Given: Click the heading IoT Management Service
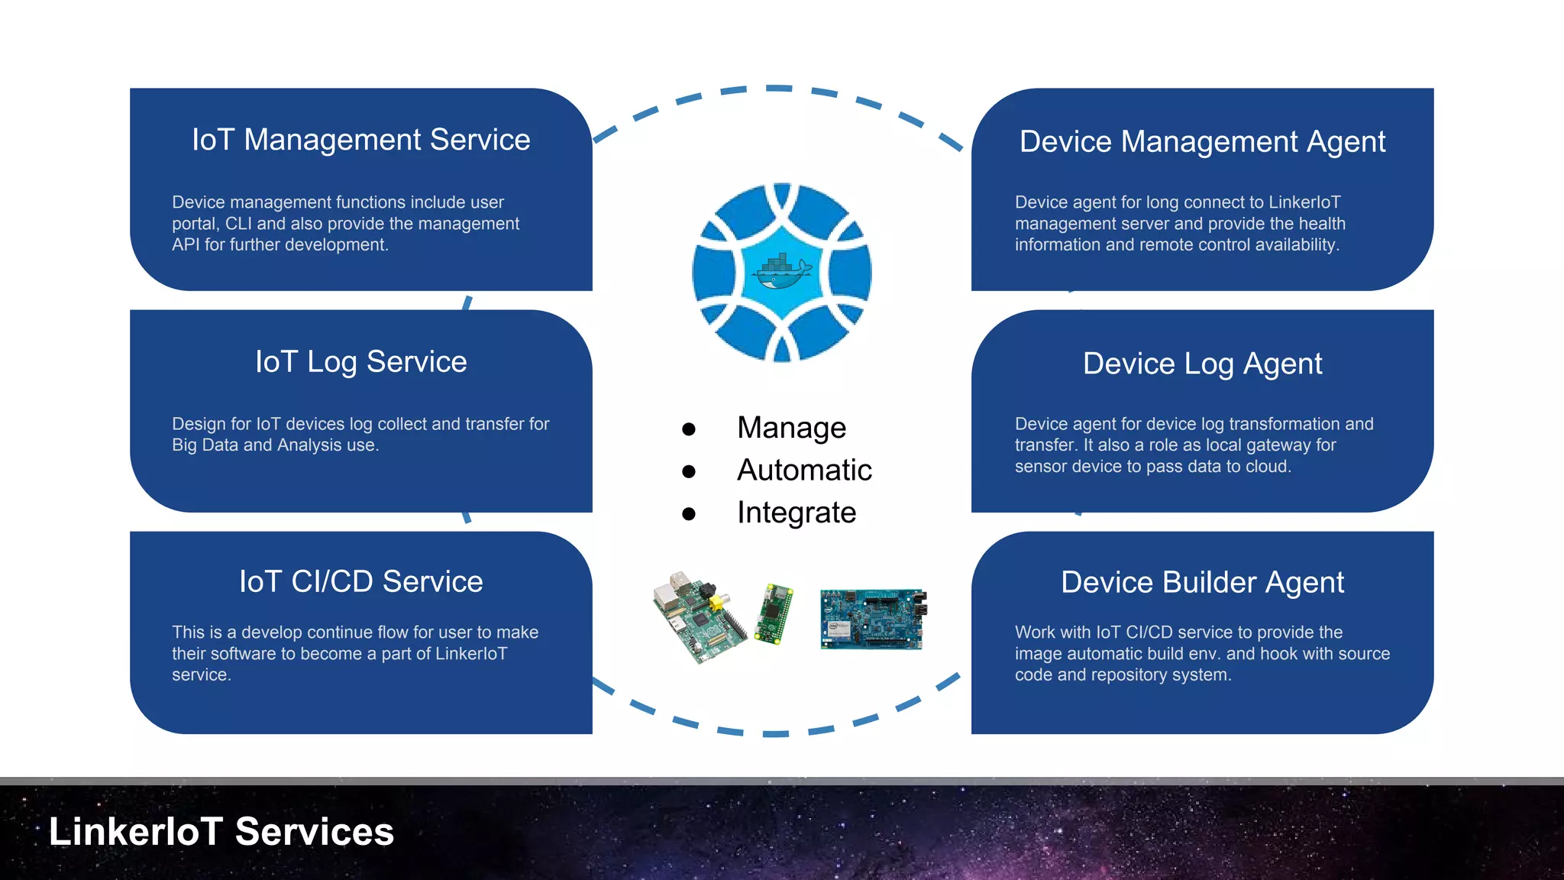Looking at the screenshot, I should click(x=360, y=140).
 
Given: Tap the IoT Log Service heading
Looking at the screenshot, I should click(x=360, y=362).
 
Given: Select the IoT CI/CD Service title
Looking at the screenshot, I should click(x=360, y=582).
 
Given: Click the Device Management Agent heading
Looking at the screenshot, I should click(x=1202, y=142).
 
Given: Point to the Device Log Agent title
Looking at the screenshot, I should click(x=1202, y=364).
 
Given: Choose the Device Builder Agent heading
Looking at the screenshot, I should click(x=1202, y=583).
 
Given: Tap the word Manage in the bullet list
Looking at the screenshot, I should click(x=791, y=428).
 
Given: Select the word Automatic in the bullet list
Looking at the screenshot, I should click(x=804, y=471).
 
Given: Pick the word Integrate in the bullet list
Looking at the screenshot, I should click(x=797, y=513).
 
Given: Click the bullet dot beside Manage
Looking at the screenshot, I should click(x=689, y=429).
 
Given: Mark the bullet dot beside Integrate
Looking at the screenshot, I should click(x=689, y=514).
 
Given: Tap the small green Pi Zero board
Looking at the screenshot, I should click(x=774, y=614).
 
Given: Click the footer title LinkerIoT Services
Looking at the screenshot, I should click(x=221, y=832).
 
